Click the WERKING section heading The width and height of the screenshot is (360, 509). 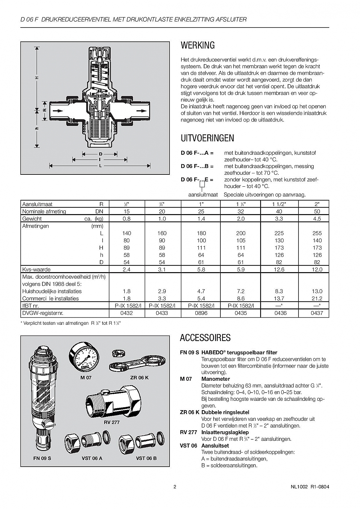(198, 45)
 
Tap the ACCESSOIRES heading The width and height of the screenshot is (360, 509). (205, 338)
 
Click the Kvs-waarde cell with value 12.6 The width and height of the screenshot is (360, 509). (279, 269)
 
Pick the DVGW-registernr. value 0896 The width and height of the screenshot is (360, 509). (201, 313)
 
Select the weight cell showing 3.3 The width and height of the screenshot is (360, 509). (279, 219)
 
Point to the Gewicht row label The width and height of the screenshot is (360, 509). (32, 219)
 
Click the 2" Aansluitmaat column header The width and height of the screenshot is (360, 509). (317, 204)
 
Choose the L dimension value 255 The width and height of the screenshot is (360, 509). (317, 233)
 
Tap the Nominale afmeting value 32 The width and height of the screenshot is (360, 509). (240, 211)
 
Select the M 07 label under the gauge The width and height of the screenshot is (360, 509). (86, 378)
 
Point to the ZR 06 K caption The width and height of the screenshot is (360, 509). (139, 378)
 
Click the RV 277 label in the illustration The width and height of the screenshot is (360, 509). (112, 422)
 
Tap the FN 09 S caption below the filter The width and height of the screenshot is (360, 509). (42, 458)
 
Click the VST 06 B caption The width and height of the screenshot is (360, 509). (146, 458)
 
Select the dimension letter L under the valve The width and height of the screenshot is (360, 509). (101, 166)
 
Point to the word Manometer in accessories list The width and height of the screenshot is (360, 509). (216, 379)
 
